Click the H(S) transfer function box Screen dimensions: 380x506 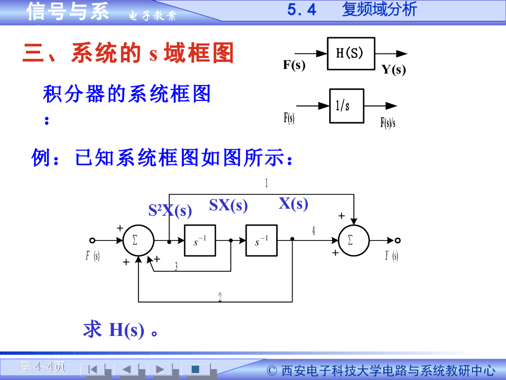tap(350, 53)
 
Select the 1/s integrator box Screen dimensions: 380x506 tap(346, 105)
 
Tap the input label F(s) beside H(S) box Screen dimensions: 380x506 tap(294, 65)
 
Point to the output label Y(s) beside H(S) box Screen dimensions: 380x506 tap(393, 70)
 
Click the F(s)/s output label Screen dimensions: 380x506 tap(388, 122)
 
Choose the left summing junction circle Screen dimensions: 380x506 tap(138, 240)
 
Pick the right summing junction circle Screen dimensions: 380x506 tap(353, 240)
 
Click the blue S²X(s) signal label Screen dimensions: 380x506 tap(170, 210)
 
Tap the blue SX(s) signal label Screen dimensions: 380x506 tap(228, 205)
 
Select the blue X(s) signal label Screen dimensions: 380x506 tap(293, 203)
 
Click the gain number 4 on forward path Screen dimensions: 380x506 tap(313, 231)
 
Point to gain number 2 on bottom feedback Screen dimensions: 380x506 tap(220, 297)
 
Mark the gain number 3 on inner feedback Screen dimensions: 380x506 tap(176, 267)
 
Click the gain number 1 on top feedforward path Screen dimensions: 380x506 tap(266, 184)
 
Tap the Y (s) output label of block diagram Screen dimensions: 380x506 tap(392, 256)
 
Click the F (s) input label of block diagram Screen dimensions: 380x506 tap(92, 256)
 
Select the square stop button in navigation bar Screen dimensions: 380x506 tap(195, 369)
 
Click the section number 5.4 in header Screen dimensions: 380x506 tap(301, 10)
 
